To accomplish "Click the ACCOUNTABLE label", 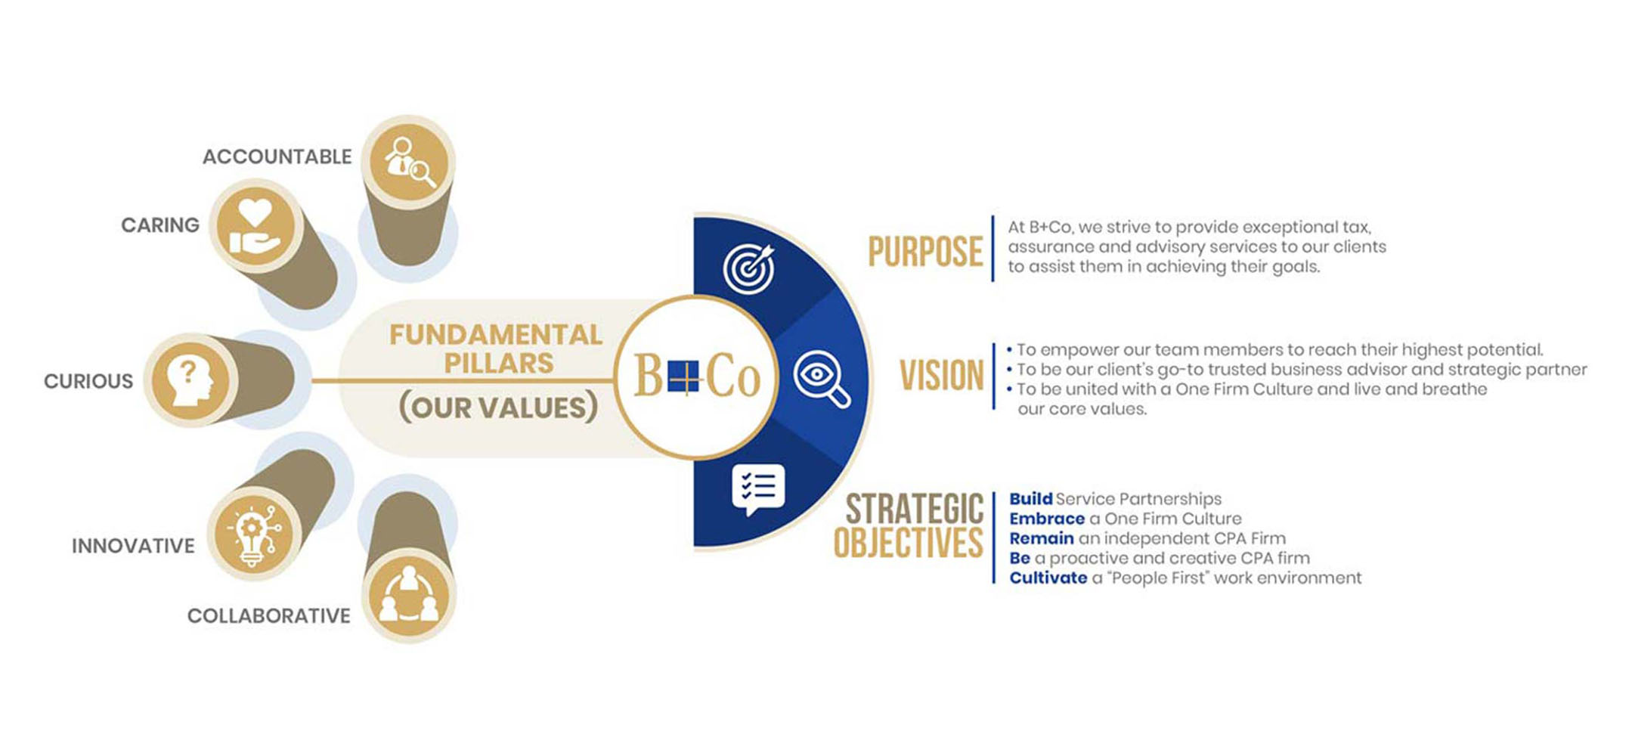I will [x=277, y=156].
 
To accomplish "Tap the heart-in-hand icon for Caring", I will [x=255, y=225].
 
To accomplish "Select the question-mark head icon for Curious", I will [x=189, y=380].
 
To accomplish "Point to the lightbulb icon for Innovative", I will [x=255, y=534].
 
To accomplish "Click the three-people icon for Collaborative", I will [x=408, y=596].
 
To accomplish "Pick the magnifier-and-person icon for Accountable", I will [x=408, y=161].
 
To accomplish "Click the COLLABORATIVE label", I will [x=268, y=616].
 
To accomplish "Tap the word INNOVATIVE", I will [x=133, y=546].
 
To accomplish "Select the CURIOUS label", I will [x=88, y=381].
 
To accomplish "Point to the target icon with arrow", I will [x=749, y=268].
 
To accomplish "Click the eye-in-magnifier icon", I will [x=821, y=378].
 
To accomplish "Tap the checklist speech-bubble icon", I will [x=757, y=488].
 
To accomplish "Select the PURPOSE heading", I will [x=924, y=252].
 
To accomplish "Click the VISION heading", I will [x=941, y=376].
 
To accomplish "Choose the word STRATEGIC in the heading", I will [x=914, y=509].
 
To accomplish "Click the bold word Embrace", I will [x=1047, y=519].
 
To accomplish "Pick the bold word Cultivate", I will [x=1048, y=578].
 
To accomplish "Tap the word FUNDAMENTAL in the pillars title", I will [x=496, y=335].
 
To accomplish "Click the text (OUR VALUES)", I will [x=498, y=407].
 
